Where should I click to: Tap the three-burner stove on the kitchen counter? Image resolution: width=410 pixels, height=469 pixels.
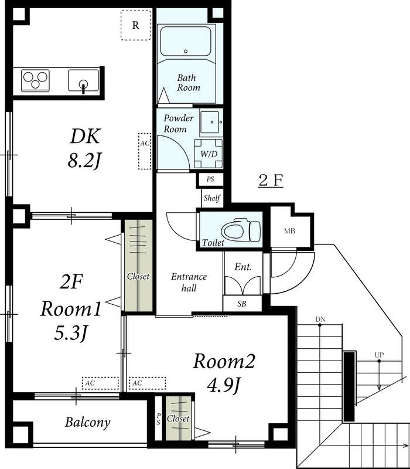pos(36,80)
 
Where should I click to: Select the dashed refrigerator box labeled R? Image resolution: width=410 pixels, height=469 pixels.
pos(135,25)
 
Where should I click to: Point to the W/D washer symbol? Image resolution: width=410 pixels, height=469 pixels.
pos(209,154)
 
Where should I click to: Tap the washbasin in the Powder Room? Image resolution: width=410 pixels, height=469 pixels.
pos(210,122)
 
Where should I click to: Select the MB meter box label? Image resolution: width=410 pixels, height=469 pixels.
pos(289,230)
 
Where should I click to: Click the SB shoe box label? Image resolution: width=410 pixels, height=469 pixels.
pos(242,304)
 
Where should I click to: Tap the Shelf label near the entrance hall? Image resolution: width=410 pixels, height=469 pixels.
pos(211,198)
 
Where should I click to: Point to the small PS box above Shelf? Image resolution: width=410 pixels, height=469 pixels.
pos(210,179)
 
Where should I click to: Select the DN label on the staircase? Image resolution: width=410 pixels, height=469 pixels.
pos(320,320)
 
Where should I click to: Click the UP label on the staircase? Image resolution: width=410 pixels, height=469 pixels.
pos(380,355)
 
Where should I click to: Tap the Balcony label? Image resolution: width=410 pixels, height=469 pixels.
pos(88,422)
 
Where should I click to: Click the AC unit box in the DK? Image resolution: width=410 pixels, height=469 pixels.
pos(144,151)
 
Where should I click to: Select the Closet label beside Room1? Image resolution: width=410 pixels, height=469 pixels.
pos(138,276)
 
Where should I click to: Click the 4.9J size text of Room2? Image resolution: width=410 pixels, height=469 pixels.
pos(225,385)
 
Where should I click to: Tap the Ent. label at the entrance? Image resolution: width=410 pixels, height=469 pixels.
pos(242,267)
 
